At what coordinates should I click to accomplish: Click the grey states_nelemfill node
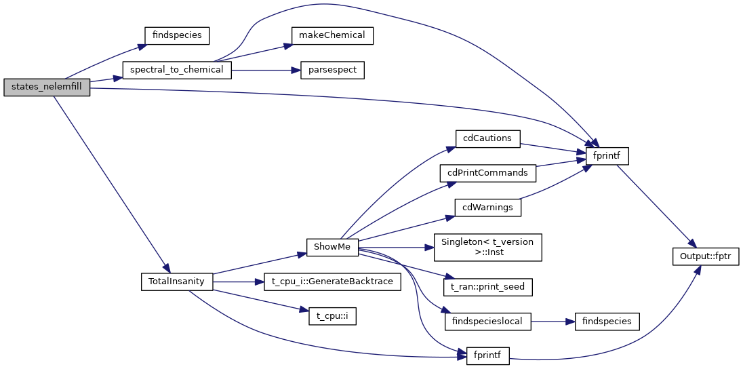click(47, 88)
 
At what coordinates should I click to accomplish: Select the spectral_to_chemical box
click(177, 69)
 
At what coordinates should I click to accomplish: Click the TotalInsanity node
click(177, 281)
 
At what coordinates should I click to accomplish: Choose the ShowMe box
click(332, 247)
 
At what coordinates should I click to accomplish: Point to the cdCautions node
click(487, 138)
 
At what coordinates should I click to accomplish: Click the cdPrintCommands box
click(487, 172)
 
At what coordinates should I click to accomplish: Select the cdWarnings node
click(487, 206)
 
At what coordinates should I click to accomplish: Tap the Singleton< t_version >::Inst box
click(487, 247)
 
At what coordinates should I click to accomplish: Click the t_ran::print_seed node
click(487, 287)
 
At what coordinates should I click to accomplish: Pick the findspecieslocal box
click(487, 321)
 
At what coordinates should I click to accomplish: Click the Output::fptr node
click(705, 256)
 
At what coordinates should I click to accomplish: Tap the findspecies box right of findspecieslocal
click(607, 321)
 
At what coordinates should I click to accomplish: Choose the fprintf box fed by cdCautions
click(607, 155)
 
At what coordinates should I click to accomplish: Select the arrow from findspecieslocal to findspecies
click(553, 321)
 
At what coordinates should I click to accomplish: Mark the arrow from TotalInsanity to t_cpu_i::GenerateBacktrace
click(238, 281)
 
